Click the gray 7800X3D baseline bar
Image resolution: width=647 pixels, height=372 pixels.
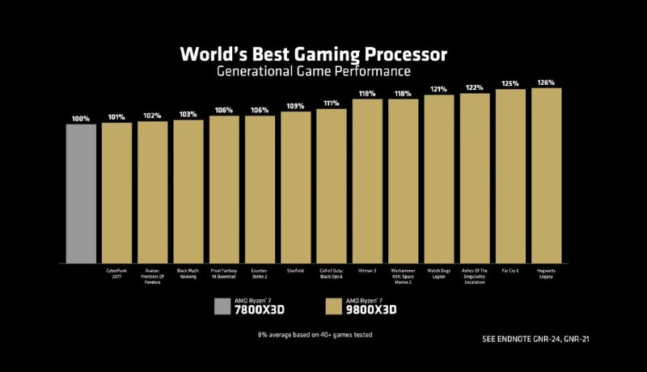[81, 193]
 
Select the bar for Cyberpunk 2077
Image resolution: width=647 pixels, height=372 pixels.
[116, 192]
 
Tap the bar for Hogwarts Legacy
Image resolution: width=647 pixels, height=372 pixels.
[546, 175]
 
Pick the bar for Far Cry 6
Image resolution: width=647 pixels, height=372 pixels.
[510, 176]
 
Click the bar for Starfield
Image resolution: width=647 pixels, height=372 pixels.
[295, 187]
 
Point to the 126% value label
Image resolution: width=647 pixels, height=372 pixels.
[546, 82]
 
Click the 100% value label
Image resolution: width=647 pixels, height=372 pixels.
[81, 118]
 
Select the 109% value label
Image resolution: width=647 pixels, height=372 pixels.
[295, 106]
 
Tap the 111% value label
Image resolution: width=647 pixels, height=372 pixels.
[331, 104]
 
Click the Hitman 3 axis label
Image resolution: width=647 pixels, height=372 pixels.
[367, 272]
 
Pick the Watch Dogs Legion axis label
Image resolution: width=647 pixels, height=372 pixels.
[438, 274]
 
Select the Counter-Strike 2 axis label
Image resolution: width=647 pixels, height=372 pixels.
[260, 274]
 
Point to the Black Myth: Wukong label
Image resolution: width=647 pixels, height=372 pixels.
[188, 274]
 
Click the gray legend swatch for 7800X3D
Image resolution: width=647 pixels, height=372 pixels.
[222, 306]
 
